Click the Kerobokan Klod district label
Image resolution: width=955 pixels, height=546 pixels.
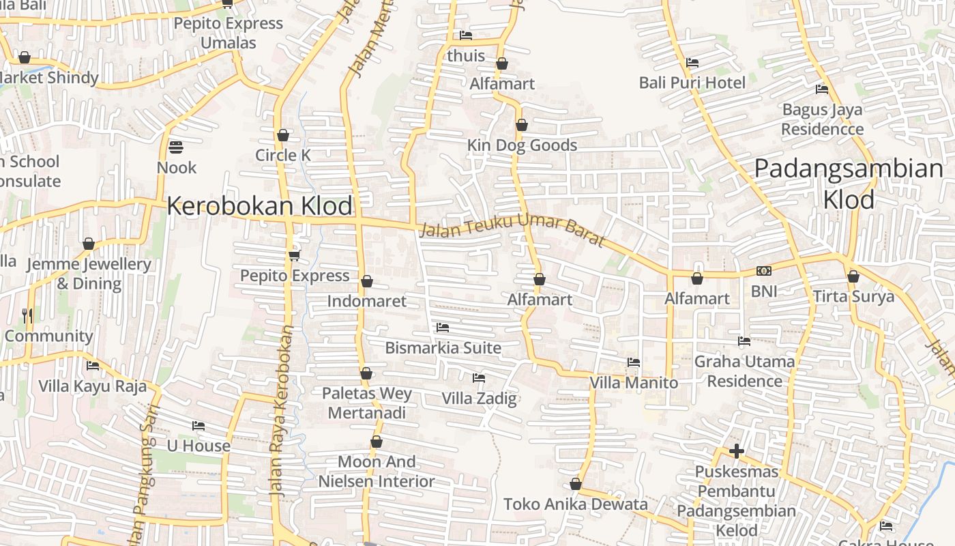tap(260, 206)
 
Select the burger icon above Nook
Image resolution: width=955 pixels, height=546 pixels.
tap(176, 147)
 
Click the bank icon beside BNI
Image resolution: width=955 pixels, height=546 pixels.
tap(764, 271)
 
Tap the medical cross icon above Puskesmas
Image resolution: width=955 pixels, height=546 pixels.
tap(737, 451)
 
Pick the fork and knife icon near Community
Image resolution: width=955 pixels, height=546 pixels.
tap(27, 315)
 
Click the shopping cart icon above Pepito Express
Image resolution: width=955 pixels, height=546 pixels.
tap(294, 255)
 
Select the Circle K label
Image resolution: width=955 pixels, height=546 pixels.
tap(283, 156)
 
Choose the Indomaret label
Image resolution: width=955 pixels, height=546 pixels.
tap(366, 301)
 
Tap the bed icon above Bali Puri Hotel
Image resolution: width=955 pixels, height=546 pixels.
tap(692, 63)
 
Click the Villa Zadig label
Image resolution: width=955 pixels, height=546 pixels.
tap(480, 399)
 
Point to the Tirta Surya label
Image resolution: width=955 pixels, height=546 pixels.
tap(853, 297)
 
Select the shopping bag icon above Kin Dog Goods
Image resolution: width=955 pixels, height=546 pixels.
tap(522, 126)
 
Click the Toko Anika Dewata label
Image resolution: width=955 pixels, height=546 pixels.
tap(576, 504)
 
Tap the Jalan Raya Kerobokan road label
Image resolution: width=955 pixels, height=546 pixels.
tap(282, 409)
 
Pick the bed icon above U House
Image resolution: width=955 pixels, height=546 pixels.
tap(199, 426)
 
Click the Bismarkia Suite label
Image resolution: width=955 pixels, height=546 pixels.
tap(443, 348)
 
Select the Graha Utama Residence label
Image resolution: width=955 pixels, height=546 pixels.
tap(745, 371)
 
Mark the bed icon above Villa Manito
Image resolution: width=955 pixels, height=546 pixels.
tap(634, 362)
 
